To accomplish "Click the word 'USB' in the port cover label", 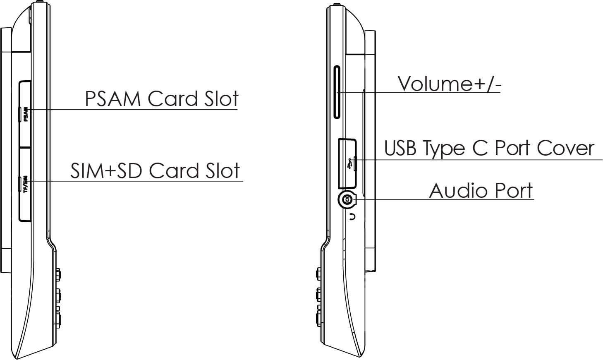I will point(400,148).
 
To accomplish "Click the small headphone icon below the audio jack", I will point(352,216).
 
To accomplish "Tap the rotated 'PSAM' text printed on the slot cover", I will point(26,115).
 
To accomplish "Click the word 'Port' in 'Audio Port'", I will point(513,191).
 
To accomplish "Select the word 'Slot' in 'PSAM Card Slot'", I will point(222,99).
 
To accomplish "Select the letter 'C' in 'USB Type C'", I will point(480,148).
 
